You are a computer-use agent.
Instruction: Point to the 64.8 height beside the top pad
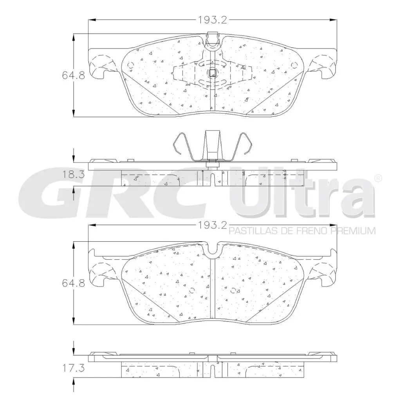(73, 75)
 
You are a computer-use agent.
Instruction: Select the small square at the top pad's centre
(212, 72)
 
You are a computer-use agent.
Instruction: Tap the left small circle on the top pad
(131, 65)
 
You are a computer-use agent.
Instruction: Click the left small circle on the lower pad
(192, 291)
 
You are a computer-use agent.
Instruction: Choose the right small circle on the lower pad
(234, 291)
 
